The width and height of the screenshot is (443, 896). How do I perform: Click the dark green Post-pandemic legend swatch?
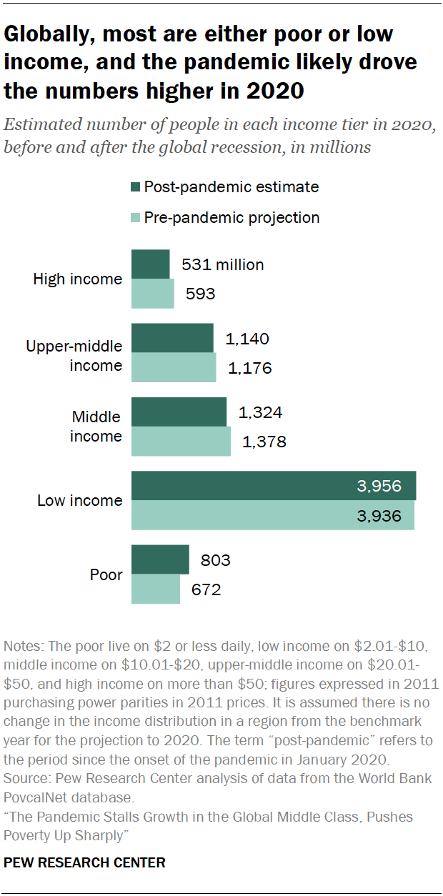click(x=136, y=187)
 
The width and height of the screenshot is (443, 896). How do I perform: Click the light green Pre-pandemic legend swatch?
click(x=136, y=217)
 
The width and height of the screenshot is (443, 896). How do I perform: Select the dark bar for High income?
click(x=150, y=264)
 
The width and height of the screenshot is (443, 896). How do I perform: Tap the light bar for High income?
click(x=152, y=294)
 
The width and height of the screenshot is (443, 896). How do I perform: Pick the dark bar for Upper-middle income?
click(x=172, y=338)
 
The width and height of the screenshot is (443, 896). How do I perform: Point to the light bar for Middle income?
click(x=181, y=442)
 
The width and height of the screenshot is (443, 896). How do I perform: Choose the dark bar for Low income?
click(x=273, y=486)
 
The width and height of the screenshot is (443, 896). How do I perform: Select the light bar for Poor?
click(x=156, y=589)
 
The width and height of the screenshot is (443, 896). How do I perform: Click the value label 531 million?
click(x=222, y=265)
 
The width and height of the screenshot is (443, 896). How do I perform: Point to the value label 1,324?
click(x=260, y=412)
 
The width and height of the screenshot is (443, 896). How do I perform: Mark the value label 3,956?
click(x=379, y=487)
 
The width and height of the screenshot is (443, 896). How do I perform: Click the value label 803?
click(x=215, y=560)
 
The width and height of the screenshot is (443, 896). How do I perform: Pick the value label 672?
click(x=205, y=590)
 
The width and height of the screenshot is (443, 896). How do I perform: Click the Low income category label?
click(x=79, y=501)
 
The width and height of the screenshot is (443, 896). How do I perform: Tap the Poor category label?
click(x=106, y=574)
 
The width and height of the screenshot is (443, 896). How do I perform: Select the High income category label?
click(x=78, y=279)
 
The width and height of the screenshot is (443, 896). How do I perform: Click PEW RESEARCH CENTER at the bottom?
click(x=84, y=862)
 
